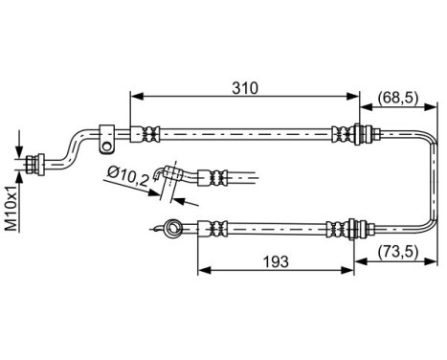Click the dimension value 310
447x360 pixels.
tap(244, 87)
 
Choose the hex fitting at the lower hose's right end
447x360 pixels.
tap(358, 229)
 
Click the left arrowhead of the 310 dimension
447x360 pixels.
tap(133, 96)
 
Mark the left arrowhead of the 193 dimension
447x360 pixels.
tap(202, 269)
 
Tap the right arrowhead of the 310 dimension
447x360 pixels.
tap(355, 96)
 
